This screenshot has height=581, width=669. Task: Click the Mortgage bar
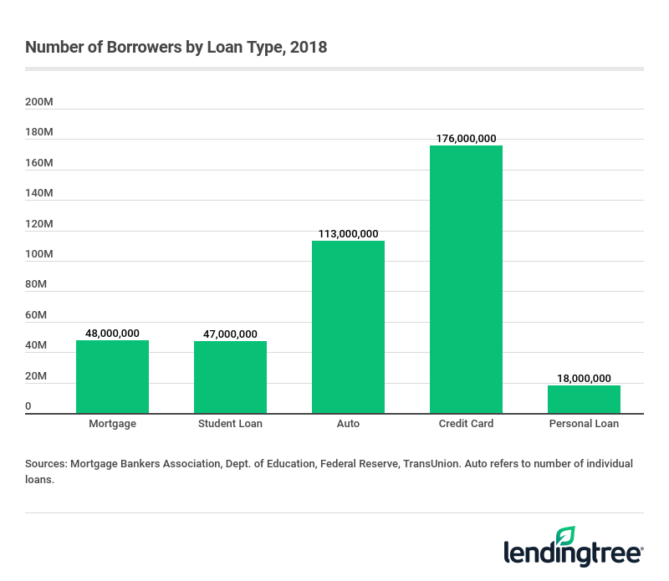pyautogui.click(x=112, y=376)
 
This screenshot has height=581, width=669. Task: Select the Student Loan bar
pyautogui.click(x=230, y=377)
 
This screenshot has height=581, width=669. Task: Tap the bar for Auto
pyautogui.click(x=348, y=327)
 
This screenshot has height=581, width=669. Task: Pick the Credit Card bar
pyautogui.click(x=466, y=279)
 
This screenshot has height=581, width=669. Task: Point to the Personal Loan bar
pyautogui.click(x=584, y=399)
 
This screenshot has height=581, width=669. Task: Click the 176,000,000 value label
pyautogui.click(x=466, y=139)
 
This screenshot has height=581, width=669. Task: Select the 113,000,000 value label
pyautogui.click(x=348, y=234)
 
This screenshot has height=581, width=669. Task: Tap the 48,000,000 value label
pyautogui.click(x=112, y=333)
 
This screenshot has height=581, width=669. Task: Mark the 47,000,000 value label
pyautogui.click(x=230, y=334)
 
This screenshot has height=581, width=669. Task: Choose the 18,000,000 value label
pyautogui.click(x=584, y=378)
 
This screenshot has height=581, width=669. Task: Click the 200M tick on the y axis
pyautogui.click(x=39, y=102)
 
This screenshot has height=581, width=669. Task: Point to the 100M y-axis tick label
pyautogui.click(x=39, y=254)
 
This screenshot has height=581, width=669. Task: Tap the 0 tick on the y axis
pyautogui.click(x=28, y=406)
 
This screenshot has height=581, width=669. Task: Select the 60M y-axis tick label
pyautogui.click(x=36, y=315)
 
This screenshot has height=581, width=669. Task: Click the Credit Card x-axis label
pyautogui.click(x=466, y=424)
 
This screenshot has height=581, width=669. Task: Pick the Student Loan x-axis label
pyautogui.click(x=230, y=424)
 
